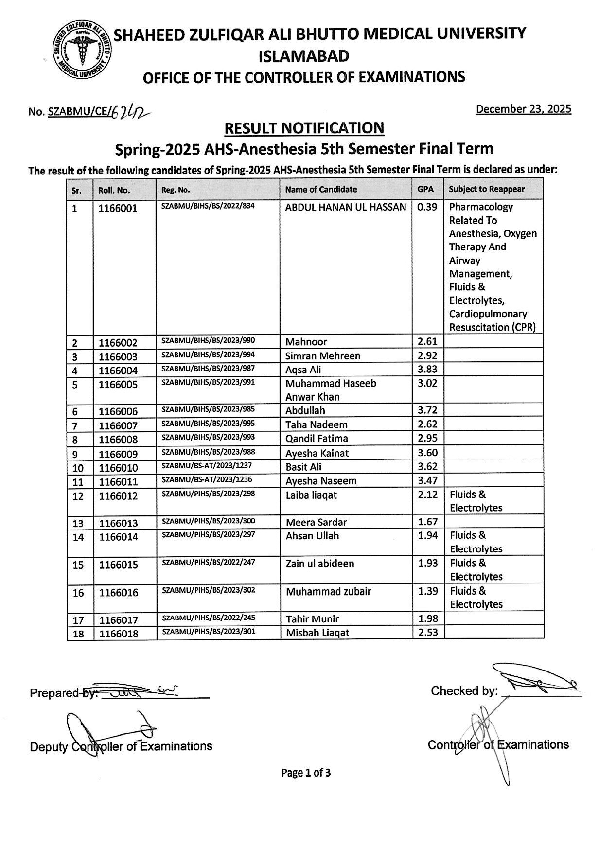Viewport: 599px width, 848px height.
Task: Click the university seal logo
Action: (x=82, y=51)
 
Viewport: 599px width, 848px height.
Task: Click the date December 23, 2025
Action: (x=523, y=109)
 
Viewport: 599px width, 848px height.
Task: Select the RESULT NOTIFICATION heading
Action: (x=304, y=128)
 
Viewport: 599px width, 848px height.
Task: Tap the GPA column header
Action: (x=425, y=189)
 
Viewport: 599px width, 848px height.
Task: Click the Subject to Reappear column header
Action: (x=487, y=189)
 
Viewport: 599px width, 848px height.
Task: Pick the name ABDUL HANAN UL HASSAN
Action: (x=345, y=207)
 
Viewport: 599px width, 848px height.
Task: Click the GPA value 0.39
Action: (x=427, y=207)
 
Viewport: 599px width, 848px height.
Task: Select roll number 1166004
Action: (x=118, y=371)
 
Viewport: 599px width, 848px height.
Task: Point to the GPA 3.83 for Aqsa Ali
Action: (x=427, y=369)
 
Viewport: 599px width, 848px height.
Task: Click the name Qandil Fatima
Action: (x=317, y=439)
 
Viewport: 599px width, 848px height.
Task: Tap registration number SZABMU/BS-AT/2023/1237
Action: (x=207, y=465)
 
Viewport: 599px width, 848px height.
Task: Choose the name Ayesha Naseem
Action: (x=321, y=481)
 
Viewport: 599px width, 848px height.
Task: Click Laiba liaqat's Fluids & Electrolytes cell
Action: (x=476, y=501)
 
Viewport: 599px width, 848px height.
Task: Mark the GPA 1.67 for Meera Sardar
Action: (x=428, y=522)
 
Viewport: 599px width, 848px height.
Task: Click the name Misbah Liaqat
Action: (x=317, y=633)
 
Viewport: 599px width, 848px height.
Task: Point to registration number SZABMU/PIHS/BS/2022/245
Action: (x=208, y=618)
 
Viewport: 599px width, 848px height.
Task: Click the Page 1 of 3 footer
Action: (x=306, y=773)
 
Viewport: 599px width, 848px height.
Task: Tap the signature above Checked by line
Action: (x=535, y=681)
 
